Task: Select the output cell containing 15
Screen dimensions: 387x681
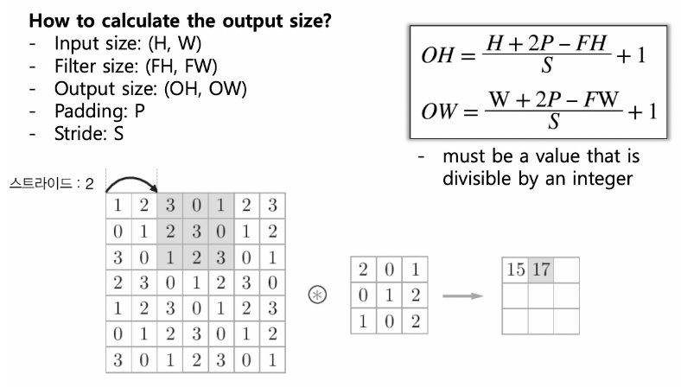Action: (515, 270)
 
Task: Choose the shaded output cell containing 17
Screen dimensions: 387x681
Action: (541, 270)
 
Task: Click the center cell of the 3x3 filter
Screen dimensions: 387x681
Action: (391, 295)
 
